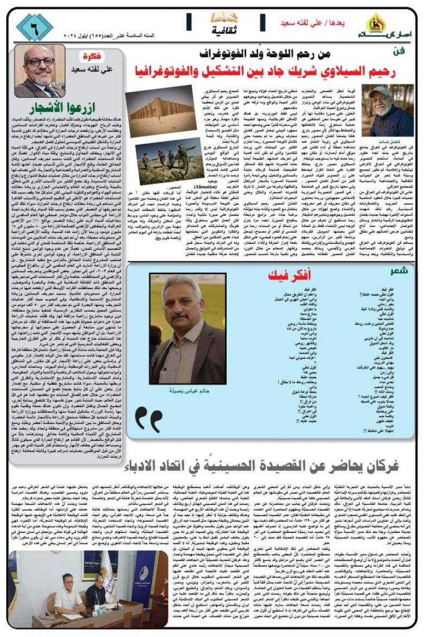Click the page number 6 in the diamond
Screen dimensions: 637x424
click(x=34, y=27)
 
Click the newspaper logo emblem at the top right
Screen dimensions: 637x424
click(x=375, y=22)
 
